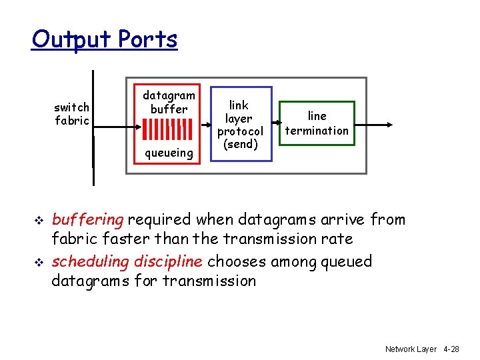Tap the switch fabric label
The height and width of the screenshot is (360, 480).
(x=72, y=114)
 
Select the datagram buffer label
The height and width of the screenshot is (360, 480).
(x=169, y=101)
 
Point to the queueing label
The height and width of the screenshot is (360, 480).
(x=169, y=153)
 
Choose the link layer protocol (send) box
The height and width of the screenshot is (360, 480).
(x=240, y=124)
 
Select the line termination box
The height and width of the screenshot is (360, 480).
(x=317, y=124)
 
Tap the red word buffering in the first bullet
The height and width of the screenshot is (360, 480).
(x=87, y=220)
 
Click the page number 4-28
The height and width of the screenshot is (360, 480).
(x=451, y=349)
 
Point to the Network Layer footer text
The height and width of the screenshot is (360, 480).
(x=411, y=349)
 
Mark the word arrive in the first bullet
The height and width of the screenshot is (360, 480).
(x=341, y=220)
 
